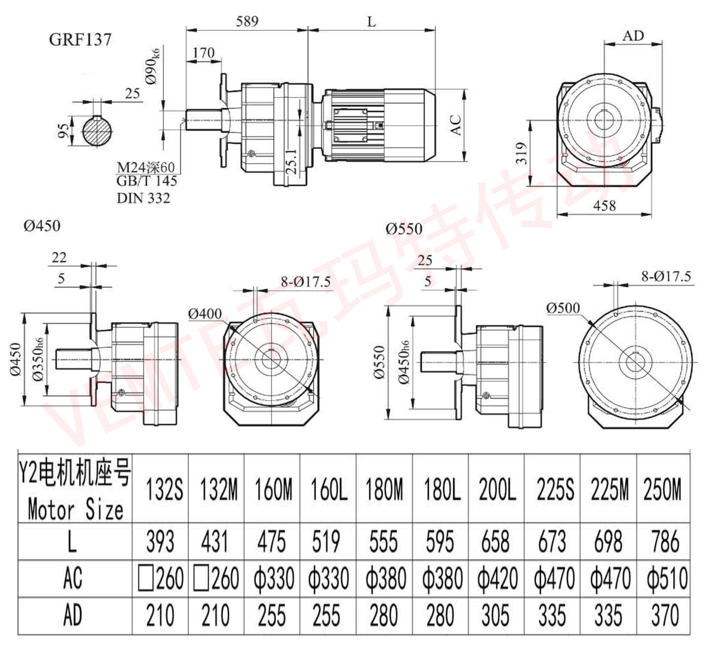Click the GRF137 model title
pos(80,40)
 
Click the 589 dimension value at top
pos(247,22)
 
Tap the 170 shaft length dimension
pos(203,53)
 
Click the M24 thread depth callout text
pos(145,167)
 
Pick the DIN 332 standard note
pos(143,199)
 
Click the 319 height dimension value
pos(522,153)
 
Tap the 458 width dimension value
pos(604,206)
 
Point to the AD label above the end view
pos(633,36)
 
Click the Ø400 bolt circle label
pos(205,314)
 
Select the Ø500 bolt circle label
pos(563,308)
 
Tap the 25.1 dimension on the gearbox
pos(292,162)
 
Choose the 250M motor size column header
pos(662,489)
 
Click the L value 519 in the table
pos(326,541)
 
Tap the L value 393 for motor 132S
pos(160,541)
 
